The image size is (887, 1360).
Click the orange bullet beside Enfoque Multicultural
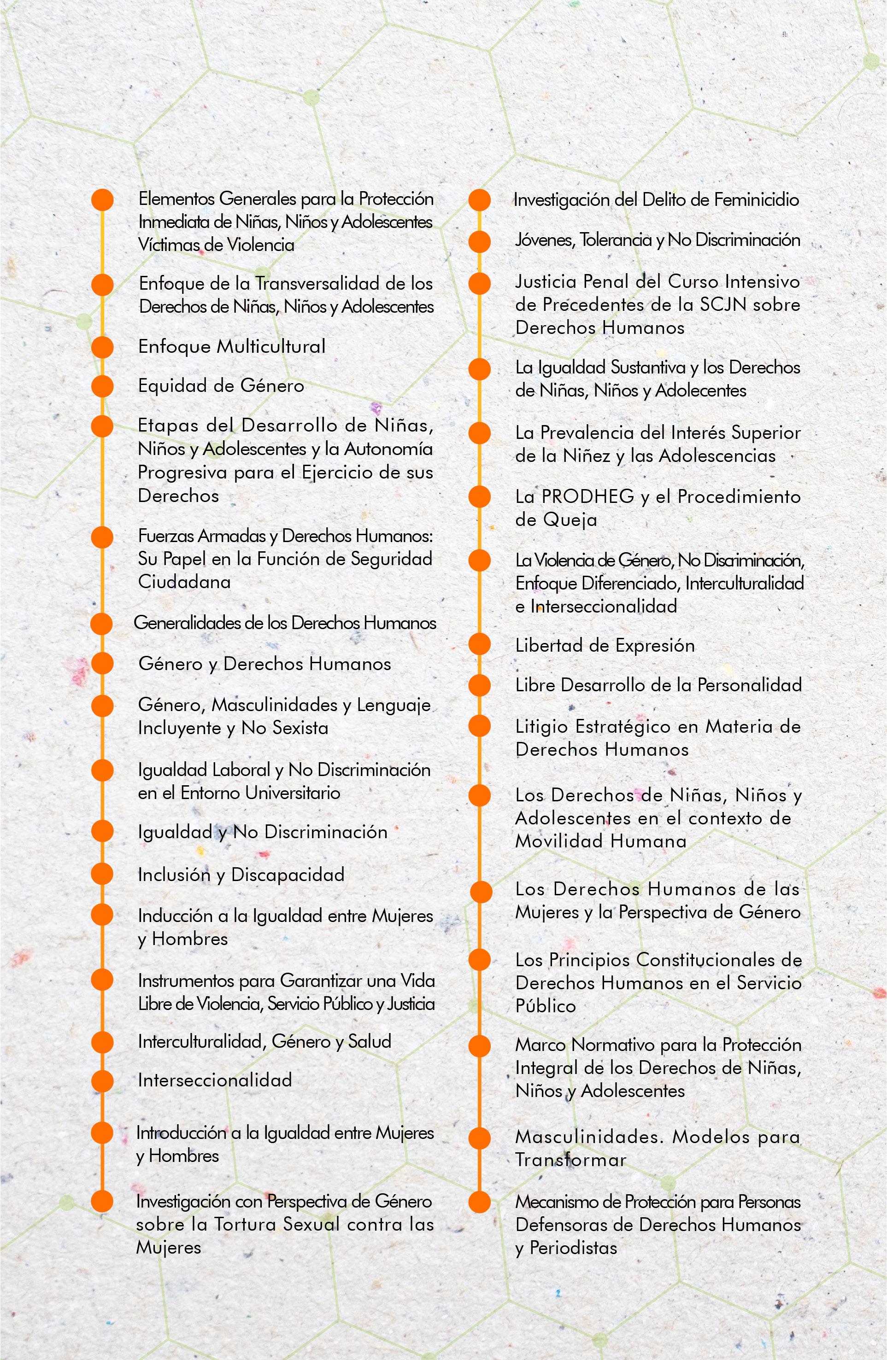(x=102, y=347)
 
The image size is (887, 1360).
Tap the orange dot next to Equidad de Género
(x=102, y=386)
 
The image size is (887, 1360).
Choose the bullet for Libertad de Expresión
(x=479, y=645)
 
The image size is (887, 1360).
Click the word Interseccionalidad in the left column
(x=215, y=1080)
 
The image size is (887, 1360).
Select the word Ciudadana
(x=184, y=582)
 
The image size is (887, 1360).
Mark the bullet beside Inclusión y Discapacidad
(x=102, y=874)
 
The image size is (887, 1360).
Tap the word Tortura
(x=246, y=1224)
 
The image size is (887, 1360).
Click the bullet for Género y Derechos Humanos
(x=102, y=664)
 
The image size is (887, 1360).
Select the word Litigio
(x=542, y=727)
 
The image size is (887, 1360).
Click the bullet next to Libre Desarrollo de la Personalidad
(x=479, y=685)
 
